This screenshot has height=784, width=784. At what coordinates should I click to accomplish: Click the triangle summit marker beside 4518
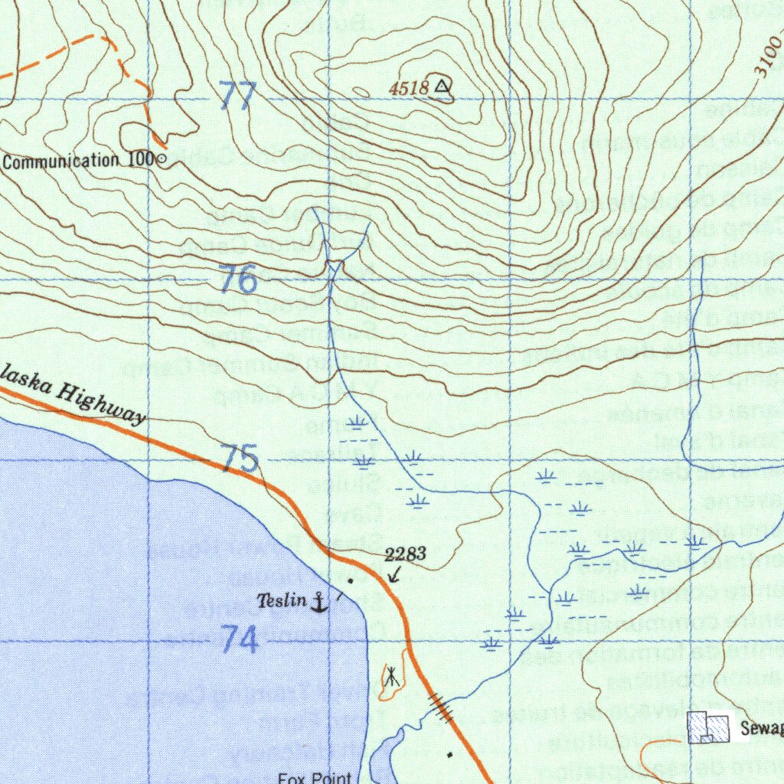pos(443,87)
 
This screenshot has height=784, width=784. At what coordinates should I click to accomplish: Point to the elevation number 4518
pos(408,89)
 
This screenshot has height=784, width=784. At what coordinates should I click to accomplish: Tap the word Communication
pos(61,161)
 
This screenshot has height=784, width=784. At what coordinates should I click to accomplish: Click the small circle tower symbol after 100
pos(161,160)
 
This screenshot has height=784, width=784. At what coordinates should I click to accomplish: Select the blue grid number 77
pos(237,97)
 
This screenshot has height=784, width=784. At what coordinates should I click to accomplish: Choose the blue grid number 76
pos(238,280)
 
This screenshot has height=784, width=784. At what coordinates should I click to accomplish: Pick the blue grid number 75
pos(240,459)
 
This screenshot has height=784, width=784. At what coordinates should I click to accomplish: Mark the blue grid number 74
pos(240,639)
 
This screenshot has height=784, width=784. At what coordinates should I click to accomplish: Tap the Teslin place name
pos(281,601)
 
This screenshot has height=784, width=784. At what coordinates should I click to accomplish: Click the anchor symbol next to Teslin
pos(318,603)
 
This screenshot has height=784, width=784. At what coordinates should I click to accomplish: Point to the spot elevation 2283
pos(405,555)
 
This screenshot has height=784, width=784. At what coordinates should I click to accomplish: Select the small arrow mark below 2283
pos(394,574)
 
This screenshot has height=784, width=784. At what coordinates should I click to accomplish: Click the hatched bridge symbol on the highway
pos(442,707)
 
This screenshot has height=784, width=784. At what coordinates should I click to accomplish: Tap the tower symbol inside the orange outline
pos(391,677)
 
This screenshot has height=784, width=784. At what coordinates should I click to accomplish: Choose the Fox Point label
pos(315,777)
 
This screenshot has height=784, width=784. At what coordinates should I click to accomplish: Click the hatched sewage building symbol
pos(707,727)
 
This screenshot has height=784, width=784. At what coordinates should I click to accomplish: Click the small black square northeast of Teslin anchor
pos(351,581)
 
